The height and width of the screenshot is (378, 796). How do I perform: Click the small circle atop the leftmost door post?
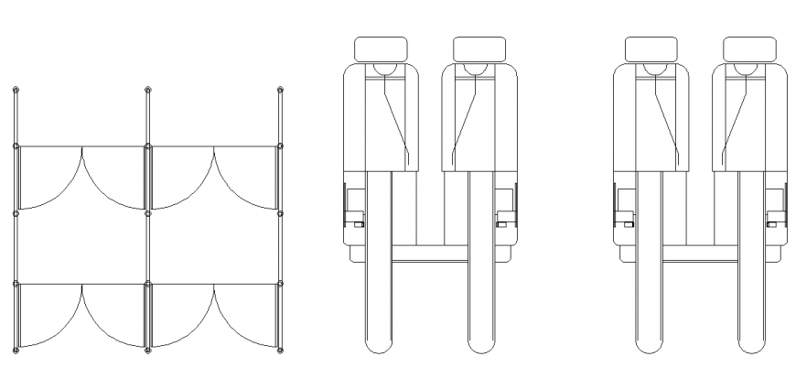[16, 90]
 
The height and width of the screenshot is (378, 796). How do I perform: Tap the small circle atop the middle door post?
[148, 90]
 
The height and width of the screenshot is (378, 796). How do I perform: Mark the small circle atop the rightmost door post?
[280, 90]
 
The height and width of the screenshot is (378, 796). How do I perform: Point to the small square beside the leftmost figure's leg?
[360, 222]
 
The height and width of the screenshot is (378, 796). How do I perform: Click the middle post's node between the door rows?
[148, 214]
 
